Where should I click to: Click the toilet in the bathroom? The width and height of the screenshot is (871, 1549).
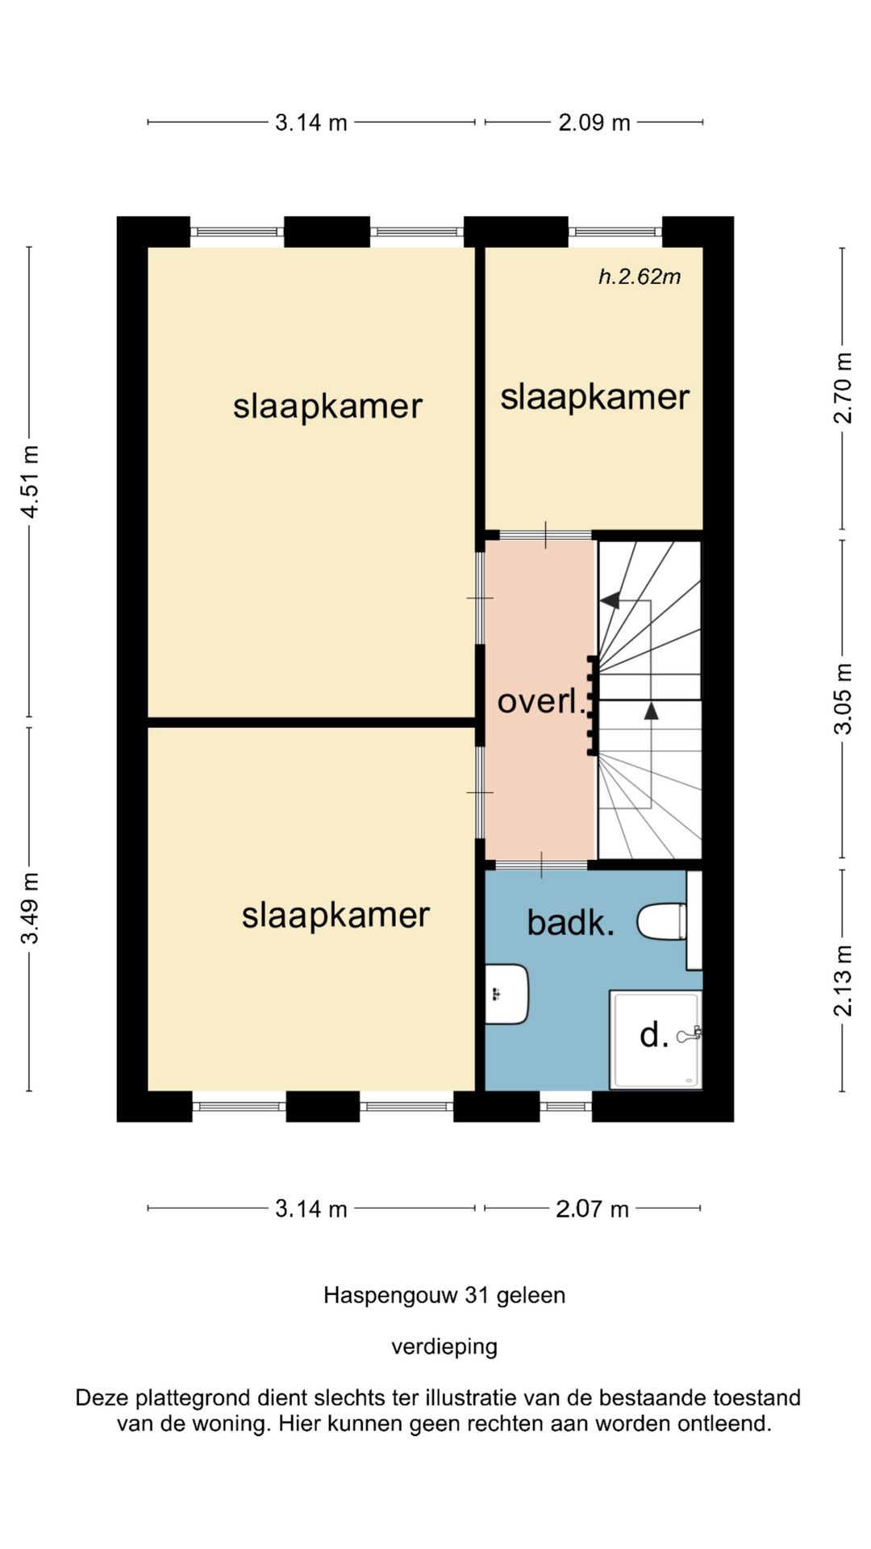coord(662,921)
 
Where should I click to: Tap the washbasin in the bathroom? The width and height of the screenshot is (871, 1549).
coord(506,994)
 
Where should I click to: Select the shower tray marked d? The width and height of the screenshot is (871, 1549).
coord(656,1039)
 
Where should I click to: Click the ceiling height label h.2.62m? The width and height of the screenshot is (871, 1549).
coord(640,277)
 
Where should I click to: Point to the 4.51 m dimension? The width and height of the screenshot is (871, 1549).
coord(30,482)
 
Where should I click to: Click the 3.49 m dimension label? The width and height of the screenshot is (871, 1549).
coord(30,908)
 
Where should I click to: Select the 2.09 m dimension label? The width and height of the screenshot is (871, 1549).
coord(594,123)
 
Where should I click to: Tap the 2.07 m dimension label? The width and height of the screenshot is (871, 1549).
coord(592,1209)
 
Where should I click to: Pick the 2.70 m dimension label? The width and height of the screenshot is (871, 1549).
coord(843,388)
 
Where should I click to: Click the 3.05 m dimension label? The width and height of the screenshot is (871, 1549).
coord(843,699)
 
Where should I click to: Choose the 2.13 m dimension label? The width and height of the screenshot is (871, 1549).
coord(843,980)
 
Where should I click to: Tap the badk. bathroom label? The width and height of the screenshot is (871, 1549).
coord(571,922)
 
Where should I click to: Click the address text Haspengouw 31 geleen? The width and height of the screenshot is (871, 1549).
coord(444,1296)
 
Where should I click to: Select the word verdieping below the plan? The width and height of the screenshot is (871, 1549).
coord(444,1347)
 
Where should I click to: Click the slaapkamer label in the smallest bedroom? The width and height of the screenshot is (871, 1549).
coord(595,397)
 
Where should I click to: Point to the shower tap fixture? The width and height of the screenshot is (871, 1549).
coord(690,1034)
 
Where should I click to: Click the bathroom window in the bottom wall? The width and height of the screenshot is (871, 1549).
coord(566,1106)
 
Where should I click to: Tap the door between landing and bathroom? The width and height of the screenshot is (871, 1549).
coord(541,865)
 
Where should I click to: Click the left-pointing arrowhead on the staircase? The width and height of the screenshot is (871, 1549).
coord(610,600)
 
